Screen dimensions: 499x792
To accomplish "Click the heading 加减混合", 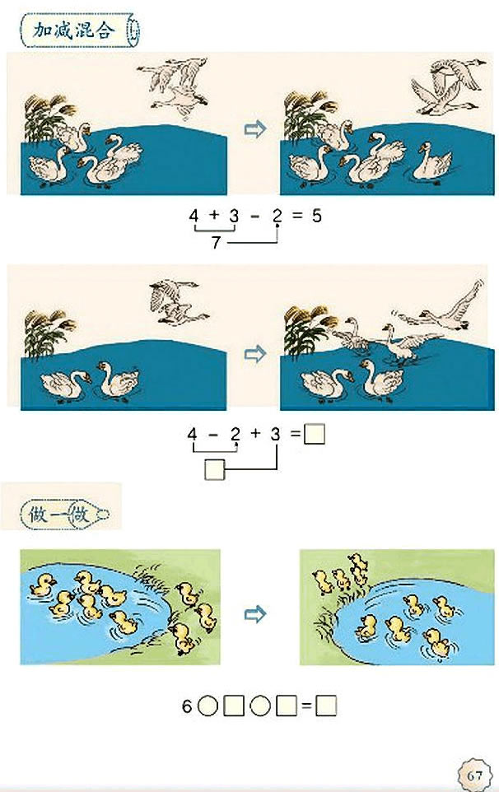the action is [74, 30].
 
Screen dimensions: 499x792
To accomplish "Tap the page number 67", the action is [475, 776].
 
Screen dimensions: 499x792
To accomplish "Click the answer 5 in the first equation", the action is [317, 216].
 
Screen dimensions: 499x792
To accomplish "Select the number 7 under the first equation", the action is [217, 242].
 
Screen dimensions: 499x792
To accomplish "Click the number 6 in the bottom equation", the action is [187, 706].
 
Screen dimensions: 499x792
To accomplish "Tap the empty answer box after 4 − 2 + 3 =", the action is [315, 434].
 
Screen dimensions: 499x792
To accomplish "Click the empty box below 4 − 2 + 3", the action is [215, 469].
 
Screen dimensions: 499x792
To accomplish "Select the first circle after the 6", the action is [207, 706].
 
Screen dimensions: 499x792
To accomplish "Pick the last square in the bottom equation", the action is [326, 706].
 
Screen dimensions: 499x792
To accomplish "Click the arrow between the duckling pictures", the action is [255, 614].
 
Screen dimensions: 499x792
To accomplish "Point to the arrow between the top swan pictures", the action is [255, 128].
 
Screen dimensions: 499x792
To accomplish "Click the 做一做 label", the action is [59, 515].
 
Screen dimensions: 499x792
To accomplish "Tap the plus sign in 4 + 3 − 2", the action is [213, 215].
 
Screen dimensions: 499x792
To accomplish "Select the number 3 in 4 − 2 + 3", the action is [275, 434].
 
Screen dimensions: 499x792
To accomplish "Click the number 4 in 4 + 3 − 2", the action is [194, 216].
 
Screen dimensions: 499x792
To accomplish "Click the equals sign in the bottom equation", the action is [306, 706].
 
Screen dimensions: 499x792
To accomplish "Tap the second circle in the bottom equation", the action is [260, 706].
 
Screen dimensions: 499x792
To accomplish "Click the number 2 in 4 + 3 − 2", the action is [277, 216].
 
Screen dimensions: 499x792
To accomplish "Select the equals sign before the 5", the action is [297, 216].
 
